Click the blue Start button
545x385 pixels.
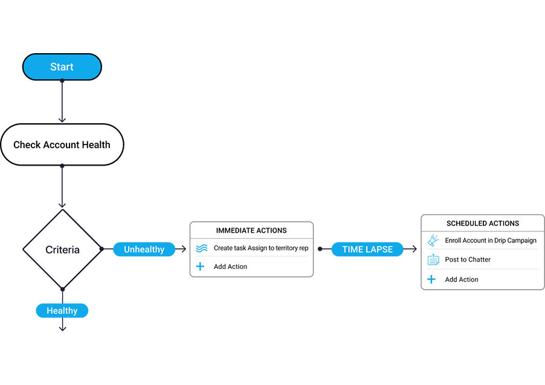point(62,67)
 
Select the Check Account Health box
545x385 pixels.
point(62,144)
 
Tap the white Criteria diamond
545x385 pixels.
point(62,249)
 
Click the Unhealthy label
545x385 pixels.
point(144,249)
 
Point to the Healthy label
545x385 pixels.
point(62,311)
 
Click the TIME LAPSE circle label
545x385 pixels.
point(367,249)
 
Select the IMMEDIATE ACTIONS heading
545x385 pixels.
point(251,230)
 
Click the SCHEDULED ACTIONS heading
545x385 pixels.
point(483,223)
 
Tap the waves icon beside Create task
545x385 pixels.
point(202,248)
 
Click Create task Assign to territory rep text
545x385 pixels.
point(260,248)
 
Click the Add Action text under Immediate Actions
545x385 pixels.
point(230,267)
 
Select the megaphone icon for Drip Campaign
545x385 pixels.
point(433,241)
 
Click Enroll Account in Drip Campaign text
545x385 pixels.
point(490,241)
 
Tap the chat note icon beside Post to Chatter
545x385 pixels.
point(433,260)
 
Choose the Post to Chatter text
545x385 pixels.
point(468,260)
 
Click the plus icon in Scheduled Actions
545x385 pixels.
point(431,279)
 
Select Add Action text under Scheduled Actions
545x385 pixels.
point(461,279)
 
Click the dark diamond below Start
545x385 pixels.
point(62,100)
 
